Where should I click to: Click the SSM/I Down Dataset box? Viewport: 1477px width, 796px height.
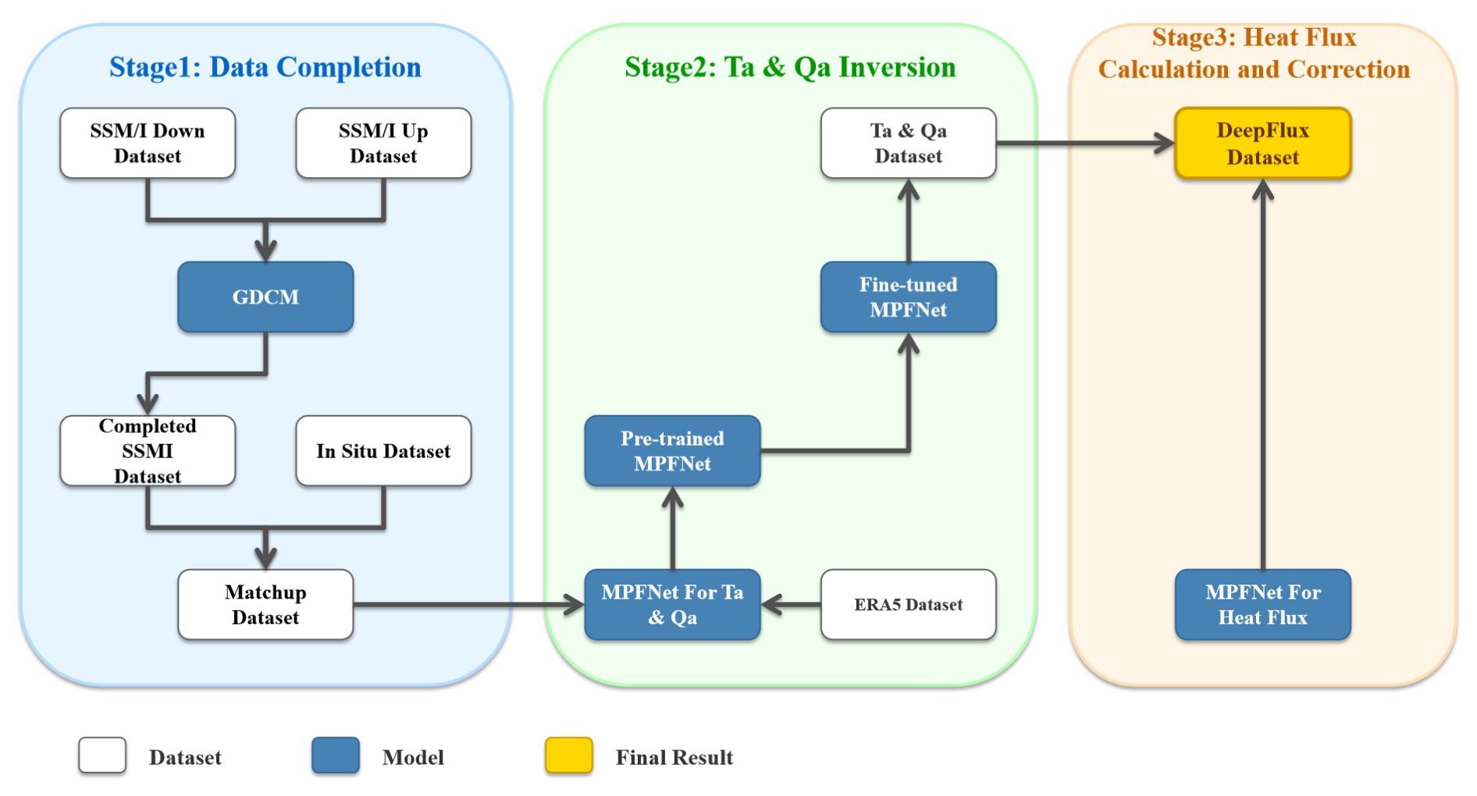click(x=148, y=144)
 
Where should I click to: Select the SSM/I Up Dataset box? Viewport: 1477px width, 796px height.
click(x=383, y=144)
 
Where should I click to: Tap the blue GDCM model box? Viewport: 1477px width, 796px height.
click(x=265, y=297)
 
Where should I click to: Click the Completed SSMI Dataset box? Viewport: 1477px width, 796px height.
click(x=148, y=451)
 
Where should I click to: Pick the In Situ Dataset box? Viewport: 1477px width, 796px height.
click(x=383, y=451)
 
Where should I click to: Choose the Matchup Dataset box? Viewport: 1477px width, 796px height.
click(x=265, y=605)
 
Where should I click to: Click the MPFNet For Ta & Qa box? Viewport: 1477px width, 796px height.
click(x=672, y=605)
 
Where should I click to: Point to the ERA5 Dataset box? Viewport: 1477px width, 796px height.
click(x=908, y=605)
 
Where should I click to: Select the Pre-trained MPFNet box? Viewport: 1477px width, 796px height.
click(x=672, y=451)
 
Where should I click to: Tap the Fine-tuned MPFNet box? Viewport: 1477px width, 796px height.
click(x=908, y=297)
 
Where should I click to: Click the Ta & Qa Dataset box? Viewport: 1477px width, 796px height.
click(x=908, y=144)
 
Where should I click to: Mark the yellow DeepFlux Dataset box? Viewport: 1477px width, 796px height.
click(x=1262, y=144)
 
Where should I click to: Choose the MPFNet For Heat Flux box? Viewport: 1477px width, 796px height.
click(x=1262, y=605)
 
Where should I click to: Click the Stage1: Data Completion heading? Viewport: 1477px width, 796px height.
click(x=265, y=67)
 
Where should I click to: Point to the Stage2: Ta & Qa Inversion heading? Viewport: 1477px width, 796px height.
click(x=790, y=67)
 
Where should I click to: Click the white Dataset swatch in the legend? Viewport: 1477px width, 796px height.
click(x=102, y=755)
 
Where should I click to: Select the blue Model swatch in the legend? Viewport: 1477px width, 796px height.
click(x=336, y=755)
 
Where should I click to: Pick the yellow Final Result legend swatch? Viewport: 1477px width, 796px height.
click(x=568, y=755)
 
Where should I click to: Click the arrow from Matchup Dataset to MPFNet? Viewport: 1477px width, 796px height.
click(x=468, y=605)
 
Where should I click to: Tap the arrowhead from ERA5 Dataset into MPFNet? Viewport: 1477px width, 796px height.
click(x=771, y=605)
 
